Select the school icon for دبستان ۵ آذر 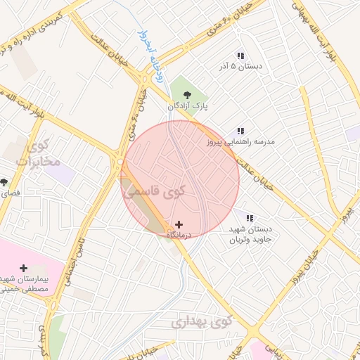(240, 56)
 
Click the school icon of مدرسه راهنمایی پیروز (240, 131)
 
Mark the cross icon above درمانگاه (179, 224)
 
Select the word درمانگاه (179, 235)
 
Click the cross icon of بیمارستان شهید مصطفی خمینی (24, 267)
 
